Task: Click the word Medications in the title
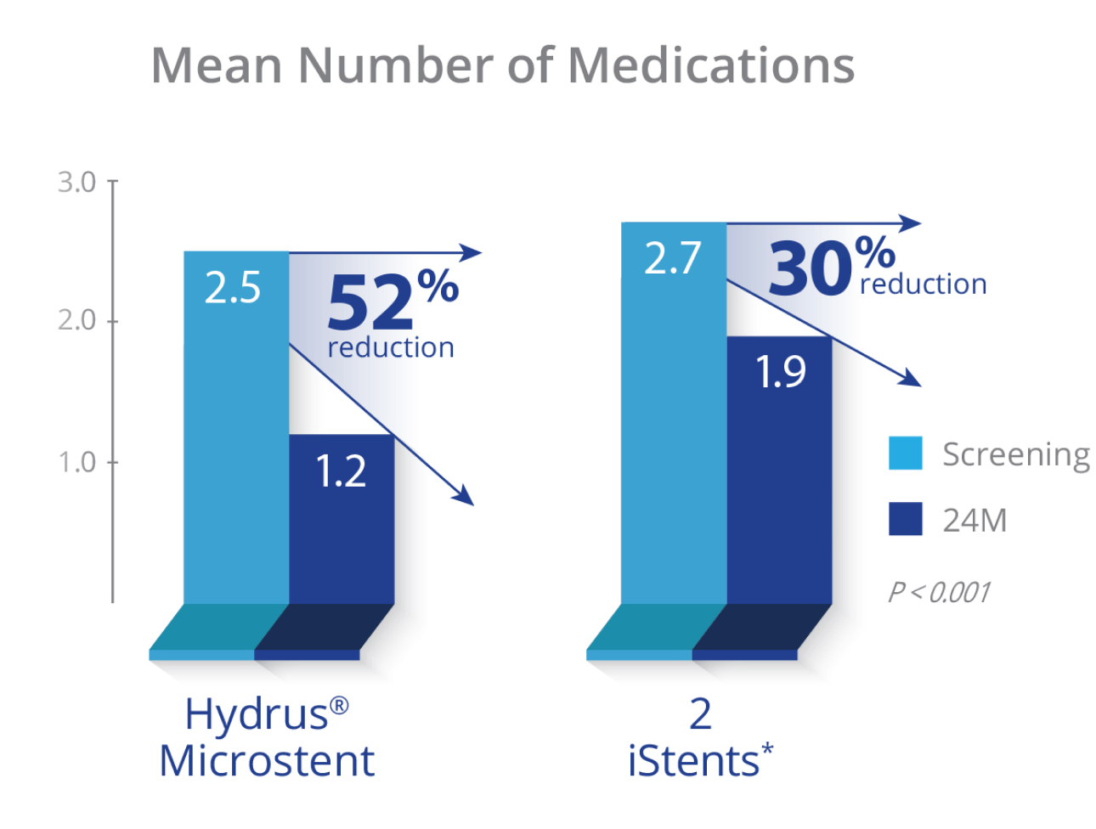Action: [x=711, y=65]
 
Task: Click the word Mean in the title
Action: [x=217, y=65]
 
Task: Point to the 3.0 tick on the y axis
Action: [x=76, y=182]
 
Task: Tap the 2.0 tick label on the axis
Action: [x=76, y=322]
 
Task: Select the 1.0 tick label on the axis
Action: [x=76, y=463]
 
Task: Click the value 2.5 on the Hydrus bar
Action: [x=232, y=289]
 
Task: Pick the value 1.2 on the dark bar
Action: [x=341, y=471]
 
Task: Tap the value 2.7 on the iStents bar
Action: [x=671, y=258]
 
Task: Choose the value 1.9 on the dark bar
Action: [x=780, y=372]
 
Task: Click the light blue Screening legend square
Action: [x=906, y=454]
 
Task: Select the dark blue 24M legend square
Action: [x=906, y=520]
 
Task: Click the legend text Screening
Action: [x=1016, y=455]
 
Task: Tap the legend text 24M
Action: [x=975, y=520]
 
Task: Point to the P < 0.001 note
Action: [x=939, y=591]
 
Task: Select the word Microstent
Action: [x=267, y=761]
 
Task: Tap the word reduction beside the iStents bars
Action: [x=924, y=285]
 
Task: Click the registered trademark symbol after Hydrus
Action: [x=339, y=706]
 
